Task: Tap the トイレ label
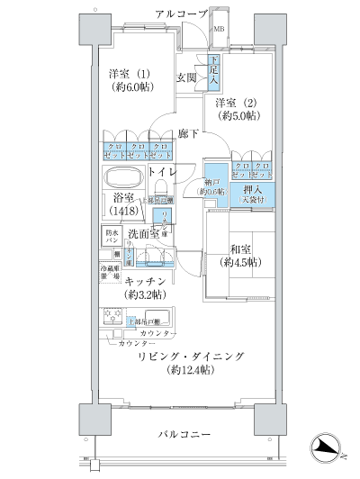(162, 171)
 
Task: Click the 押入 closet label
(252, 192)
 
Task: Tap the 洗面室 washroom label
(144, 234)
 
